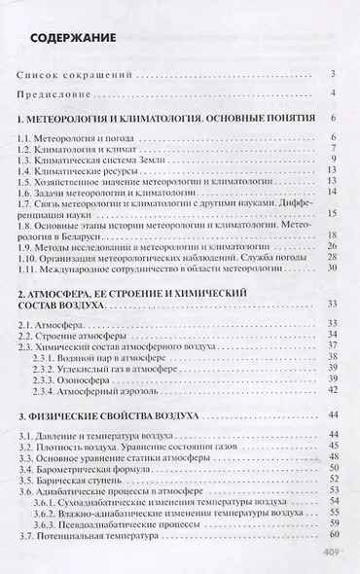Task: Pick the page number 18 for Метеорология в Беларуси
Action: tap(331, 233)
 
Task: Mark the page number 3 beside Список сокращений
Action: tap(333, 75)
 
